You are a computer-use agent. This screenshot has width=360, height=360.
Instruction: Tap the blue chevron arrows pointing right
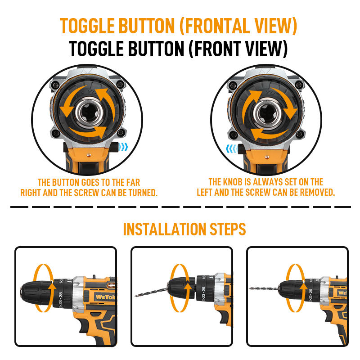124,147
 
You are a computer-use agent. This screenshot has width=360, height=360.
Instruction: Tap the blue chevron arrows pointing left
231,149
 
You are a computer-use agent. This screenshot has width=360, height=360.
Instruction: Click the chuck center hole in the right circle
267,113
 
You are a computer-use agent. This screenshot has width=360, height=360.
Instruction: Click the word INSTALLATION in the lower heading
165,229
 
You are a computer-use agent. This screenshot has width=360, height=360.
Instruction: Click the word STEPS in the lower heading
228,229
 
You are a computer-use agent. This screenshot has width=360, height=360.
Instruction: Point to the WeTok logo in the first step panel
105,297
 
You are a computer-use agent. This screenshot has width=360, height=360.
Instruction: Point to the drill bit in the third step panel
264,288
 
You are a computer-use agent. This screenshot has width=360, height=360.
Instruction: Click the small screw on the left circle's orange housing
89,155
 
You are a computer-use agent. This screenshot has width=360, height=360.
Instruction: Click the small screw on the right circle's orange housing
267,157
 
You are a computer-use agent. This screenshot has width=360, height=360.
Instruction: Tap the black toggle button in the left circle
114,147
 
